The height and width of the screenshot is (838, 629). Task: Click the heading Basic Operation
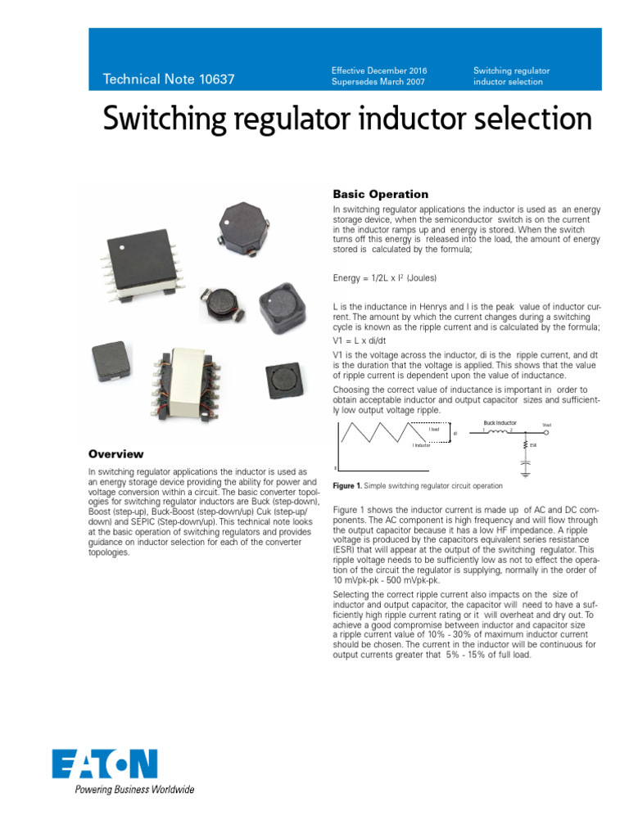380,194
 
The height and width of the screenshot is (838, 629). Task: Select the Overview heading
115,454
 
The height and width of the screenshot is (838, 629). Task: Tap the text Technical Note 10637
169,79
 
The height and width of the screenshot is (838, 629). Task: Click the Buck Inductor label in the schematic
500,423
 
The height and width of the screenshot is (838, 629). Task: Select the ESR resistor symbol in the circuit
525,445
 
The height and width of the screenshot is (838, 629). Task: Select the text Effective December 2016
379,71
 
